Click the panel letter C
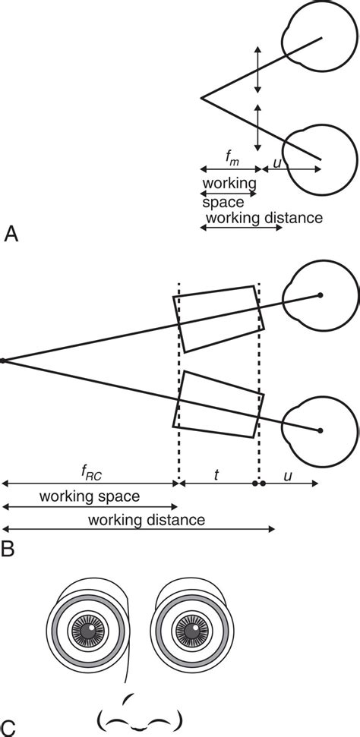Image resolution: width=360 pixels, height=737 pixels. [8, 725]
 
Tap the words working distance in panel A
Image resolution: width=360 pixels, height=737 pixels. [264, 218]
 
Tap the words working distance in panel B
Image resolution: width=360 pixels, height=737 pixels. [147, 520]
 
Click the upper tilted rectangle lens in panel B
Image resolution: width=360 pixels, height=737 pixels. [219, 319]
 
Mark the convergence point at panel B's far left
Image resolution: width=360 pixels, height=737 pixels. [3, 361]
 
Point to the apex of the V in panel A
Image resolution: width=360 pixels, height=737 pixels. [201, 97]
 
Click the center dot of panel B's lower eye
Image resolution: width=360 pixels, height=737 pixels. [321, 430]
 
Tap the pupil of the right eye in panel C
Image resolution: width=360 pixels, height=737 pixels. [186, 630]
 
